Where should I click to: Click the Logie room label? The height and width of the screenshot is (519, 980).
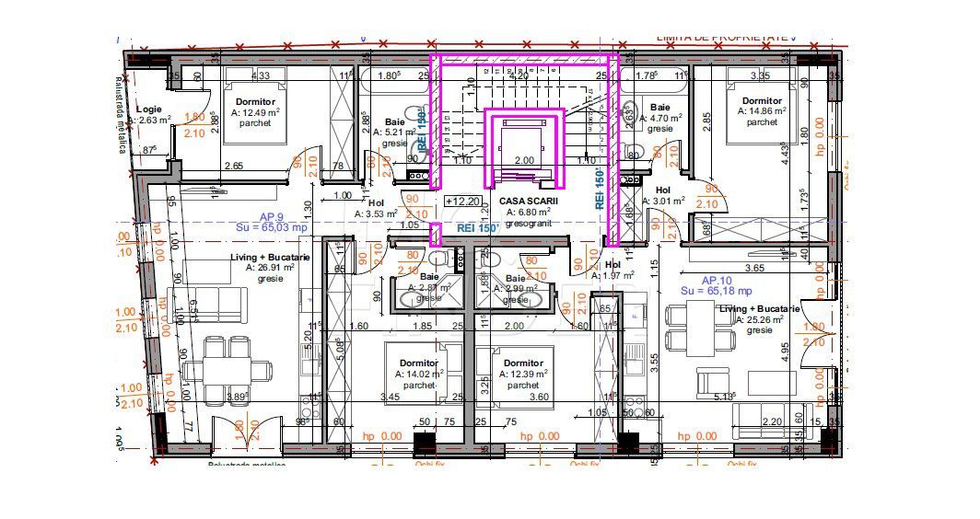(148, 109)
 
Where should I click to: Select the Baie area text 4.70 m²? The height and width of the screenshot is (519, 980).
(659, 118)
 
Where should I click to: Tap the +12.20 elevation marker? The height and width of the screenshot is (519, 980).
(461, 201)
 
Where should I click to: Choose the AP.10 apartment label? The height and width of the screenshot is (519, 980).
(717, 280)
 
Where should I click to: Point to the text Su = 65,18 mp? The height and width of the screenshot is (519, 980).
(718, 291)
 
